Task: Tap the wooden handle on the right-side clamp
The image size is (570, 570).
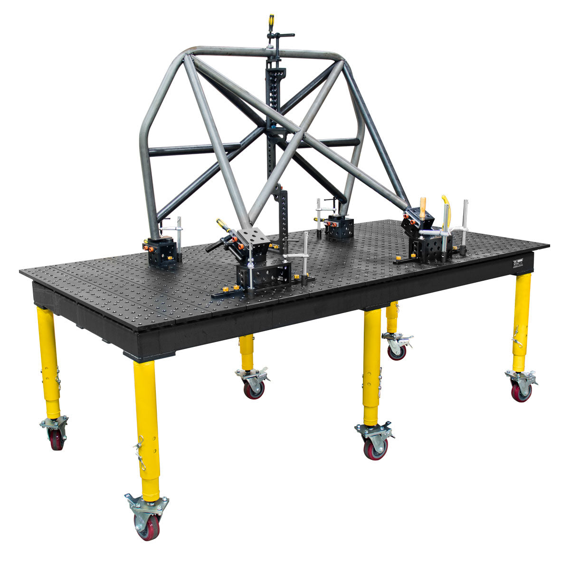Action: (x=422, y=208)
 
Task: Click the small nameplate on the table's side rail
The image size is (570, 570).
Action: (x=518, y=264)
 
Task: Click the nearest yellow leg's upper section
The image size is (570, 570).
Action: (x=145, y=394)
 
